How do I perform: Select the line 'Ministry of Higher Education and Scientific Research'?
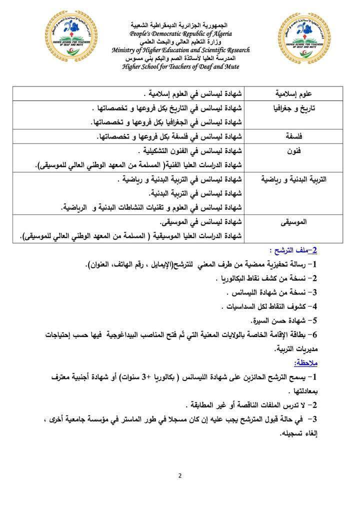[180, 50]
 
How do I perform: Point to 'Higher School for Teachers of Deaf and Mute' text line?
[180, 66]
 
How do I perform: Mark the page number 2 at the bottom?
[179, 475]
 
